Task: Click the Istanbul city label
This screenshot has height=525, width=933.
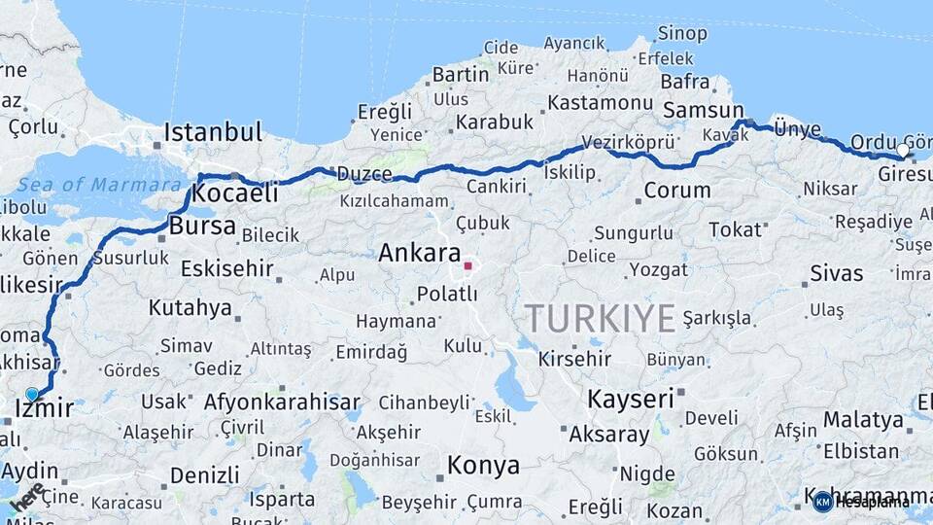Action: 213,131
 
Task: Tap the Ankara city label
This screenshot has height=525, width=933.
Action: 419,254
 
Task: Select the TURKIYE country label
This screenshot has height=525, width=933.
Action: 600,318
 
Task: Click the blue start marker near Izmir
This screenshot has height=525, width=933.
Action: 32,394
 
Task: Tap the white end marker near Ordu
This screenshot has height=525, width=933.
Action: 903,151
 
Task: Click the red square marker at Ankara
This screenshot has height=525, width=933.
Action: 467,264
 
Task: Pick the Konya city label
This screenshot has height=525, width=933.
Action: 483,466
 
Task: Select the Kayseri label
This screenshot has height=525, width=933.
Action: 630,399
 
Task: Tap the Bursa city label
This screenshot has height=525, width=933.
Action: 202,227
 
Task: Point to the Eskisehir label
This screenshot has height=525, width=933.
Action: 226,267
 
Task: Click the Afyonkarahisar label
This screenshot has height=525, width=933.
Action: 282,402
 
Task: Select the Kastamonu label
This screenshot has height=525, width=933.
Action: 600,102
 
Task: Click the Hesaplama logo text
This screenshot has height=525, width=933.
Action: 872,502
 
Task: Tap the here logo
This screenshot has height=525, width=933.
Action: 26,498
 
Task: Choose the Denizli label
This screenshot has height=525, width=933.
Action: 204,475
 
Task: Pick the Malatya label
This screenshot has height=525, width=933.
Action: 863,420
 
